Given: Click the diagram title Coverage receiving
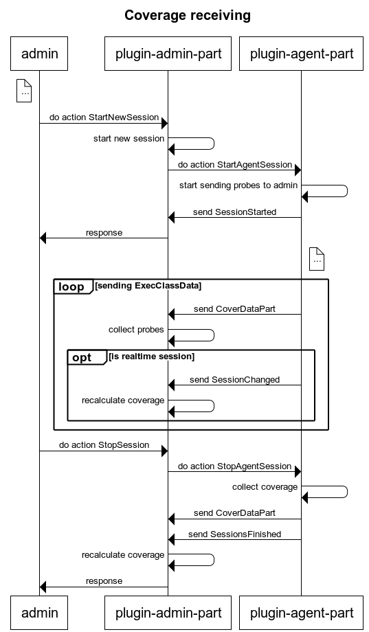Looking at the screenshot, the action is pos(188,15).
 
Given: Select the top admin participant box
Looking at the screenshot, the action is pos(39,54).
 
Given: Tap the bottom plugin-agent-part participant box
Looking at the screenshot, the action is pos(301,613).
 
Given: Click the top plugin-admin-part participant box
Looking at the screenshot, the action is pos(168,54).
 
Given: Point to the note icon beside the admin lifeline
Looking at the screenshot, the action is pos(24,91).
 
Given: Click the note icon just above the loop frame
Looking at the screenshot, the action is pos(317,259).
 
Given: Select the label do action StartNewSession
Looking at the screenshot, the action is pos(104,117).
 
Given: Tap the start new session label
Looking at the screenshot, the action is pos(128,139).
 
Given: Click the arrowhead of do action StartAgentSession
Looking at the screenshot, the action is pos(298,170).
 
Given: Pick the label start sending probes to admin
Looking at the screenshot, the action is pos(238,185).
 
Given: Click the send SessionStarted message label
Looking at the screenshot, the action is pos(235,212).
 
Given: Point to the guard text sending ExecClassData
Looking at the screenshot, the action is pos(148,285).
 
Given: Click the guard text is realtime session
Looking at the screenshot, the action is pos(152,357).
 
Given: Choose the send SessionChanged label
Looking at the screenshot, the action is pos(235,380).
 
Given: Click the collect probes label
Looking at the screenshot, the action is pos(136,330).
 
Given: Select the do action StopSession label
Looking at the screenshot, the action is pos(104,445).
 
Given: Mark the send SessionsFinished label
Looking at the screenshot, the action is pos(235,534).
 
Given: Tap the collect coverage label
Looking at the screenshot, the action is pos(265,487).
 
